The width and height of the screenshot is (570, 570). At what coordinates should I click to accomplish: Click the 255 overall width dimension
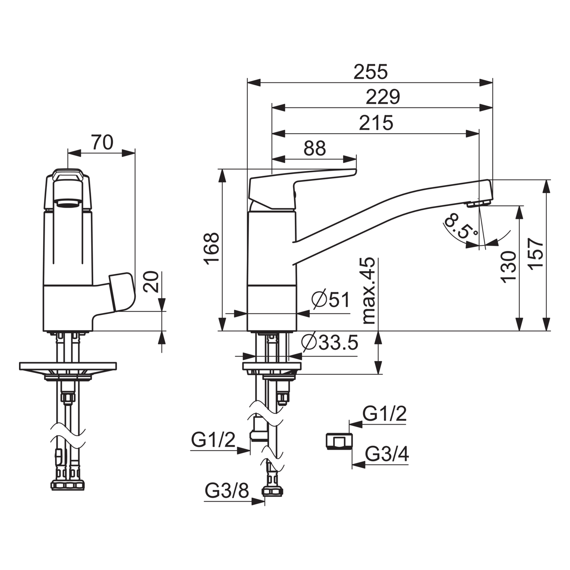tap(370, 72)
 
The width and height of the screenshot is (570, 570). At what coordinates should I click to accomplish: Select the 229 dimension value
tap(383, 97)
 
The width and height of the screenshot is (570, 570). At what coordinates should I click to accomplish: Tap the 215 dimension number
tap(376, 123)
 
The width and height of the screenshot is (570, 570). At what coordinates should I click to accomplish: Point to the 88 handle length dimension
tap(314, 148)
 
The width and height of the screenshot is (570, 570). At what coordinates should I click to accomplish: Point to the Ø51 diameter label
tap(331, 300)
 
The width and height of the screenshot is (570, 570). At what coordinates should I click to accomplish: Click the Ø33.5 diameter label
tap(330, 343)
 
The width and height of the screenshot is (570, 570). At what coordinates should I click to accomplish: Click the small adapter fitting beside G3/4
tap(339, 442)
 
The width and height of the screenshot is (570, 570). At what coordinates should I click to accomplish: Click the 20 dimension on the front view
tap(151, 282)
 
